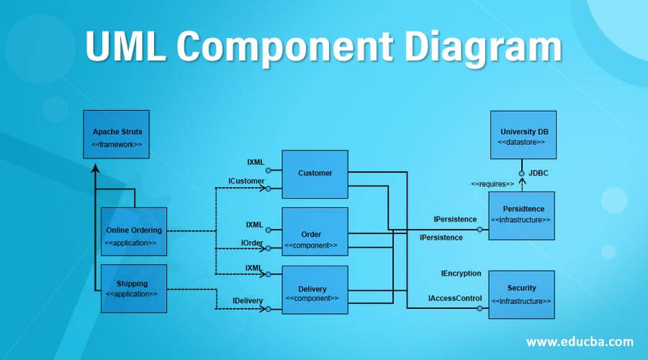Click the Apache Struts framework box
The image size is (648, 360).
(x=116, y=135)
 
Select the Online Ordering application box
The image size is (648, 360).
(x=134, y=232)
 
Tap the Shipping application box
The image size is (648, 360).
(x=134, y=289)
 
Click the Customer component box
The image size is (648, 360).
(x=315, y=174)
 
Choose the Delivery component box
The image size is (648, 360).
(x=315, y=290)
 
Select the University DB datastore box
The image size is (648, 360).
(x=523, y=135)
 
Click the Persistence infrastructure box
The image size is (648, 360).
(x=522, y=215)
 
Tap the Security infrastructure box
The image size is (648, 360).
(x=522, y=294)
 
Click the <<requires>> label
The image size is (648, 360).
(x=492, y=184)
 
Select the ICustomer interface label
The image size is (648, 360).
(x=246, y=180)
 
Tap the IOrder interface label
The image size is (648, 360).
(x=252, y=243)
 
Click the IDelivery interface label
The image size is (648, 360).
(x=247, y=300)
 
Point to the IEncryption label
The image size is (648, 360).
(x=461, y=274)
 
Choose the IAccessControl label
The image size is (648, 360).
(x=455, y=297)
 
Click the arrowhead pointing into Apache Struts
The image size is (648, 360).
(x=96, y=168)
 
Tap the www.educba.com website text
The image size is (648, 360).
(x=580, y=341)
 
